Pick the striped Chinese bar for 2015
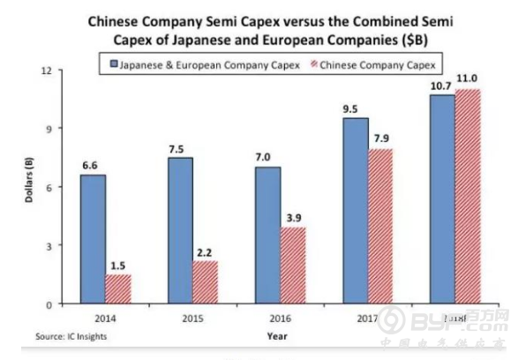pyautogui.click(x=205, y=281)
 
